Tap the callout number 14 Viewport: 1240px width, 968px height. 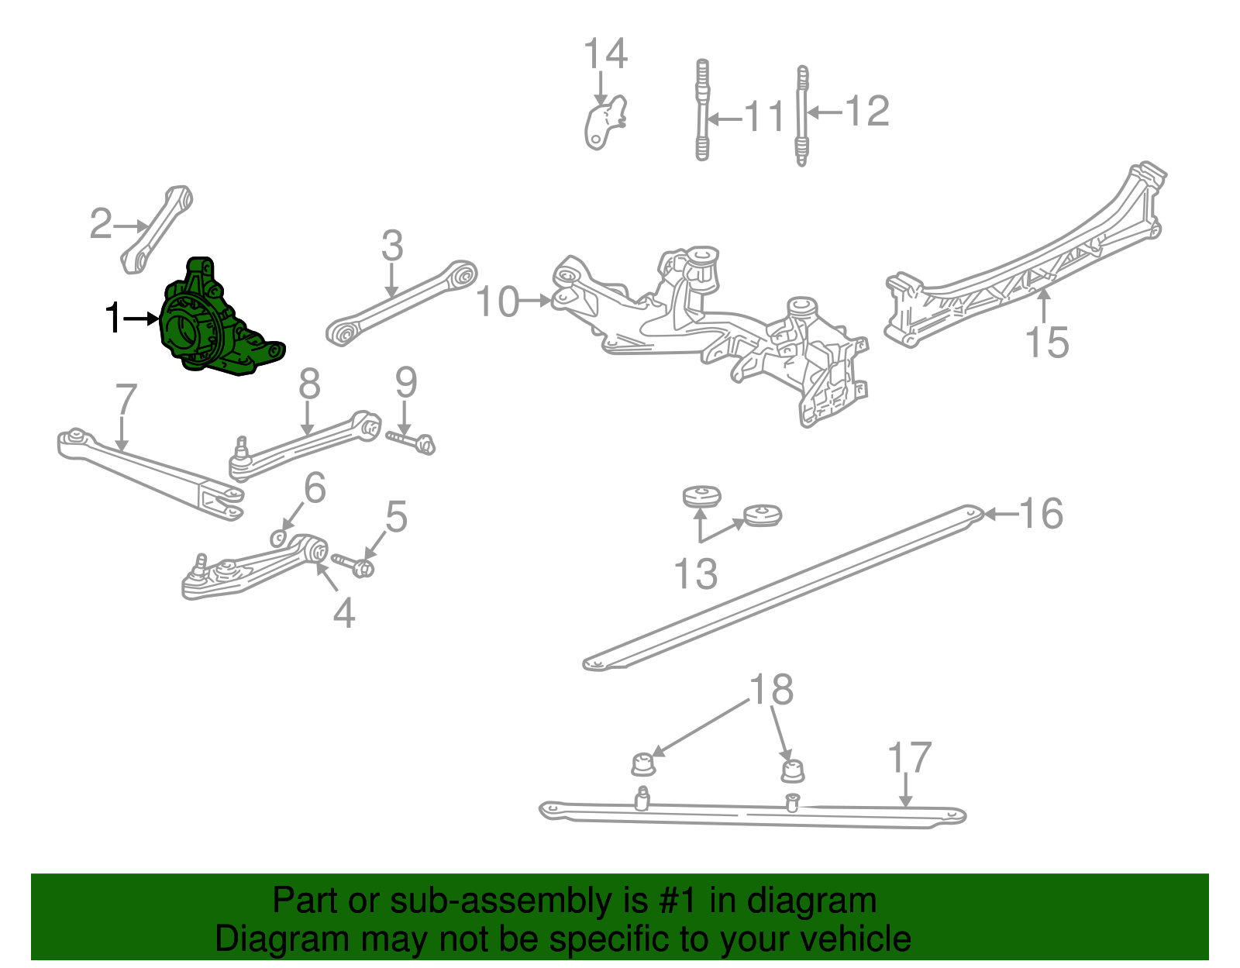[x=604, y=54]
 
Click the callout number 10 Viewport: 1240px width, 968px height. [x=498, y=302]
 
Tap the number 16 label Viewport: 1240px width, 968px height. [x=1041, y=513]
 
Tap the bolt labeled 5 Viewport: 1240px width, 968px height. [x=353, y=564]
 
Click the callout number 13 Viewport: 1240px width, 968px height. [x=695, y=574]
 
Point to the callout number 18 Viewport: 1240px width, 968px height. [x=771, y=689]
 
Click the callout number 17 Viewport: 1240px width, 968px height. [x=908, y=757]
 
